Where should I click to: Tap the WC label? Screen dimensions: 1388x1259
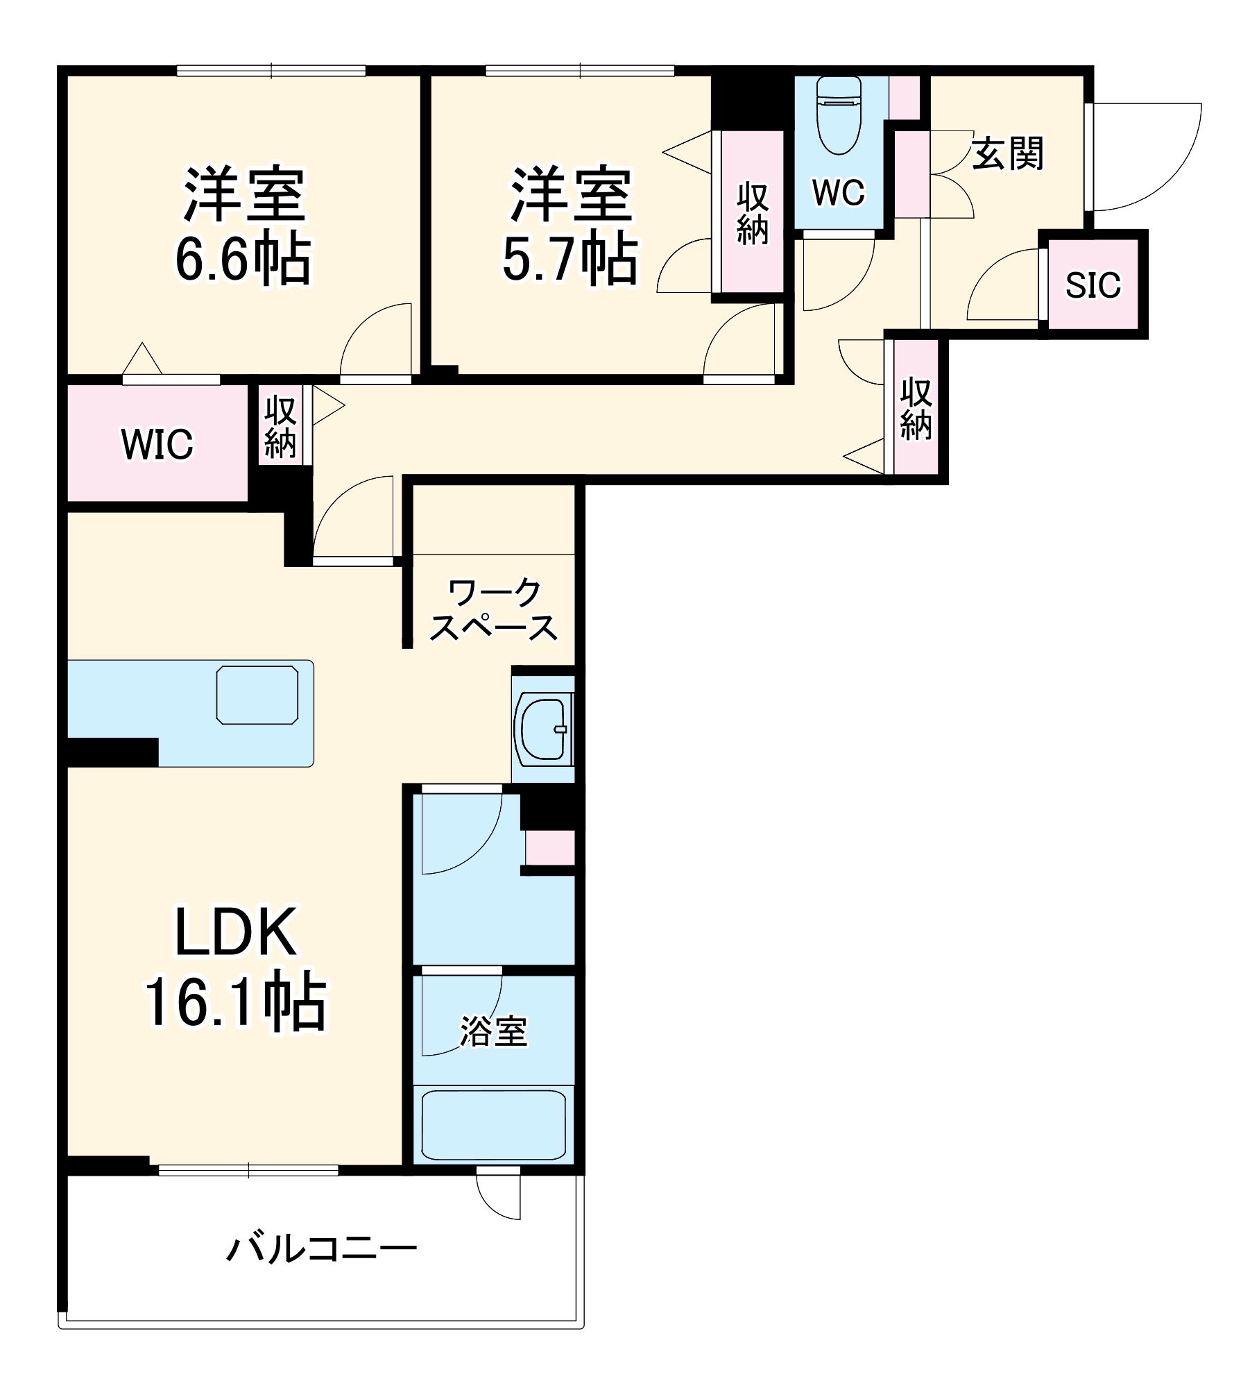(839, 192)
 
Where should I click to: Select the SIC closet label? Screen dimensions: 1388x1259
(1093, 285)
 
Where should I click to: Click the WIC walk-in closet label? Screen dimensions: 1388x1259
(157, 444)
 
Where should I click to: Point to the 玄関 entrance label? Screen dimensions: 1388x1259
(1007, 154)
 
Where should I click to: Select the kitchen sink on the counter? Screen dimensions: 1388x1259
(257, 695)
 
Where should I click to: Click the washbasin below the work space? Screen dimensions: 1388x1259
(543, 729)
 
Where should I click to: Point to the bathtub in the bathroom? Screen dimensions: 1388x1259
(493, 1125)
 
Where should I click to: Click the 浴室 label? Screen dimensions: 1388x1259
(493, 1032)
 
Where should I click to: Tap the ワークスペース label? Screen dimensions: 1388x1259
(493, 611)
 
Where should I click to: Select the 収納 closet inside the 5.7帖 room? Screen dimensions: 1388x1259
(753, 212)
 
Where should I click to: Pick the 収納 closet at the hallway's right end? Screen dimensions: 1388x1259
(916, 409)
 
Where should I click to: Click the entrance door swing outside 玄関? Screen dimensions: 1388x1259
(1145, 157)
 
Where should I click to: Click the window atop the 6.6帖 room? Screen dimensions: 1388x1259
(271, 71)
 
